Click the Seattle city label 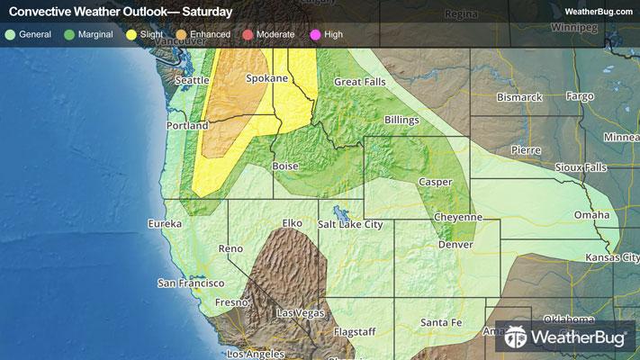(x=191, y=80)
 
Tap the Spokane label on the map (x=266, y=78)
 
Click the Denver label (x=455, y=245)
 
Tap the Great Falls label (x=360, y=82)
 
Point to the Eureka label (x=165, y=222)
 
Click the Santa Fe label (x=442, y=322)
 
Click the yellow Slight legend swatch (x=131, y=35)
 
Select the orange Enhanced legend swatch (x=180, y=35)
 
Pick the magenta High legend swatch (x=315, y=35)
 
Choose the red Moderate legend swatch (x=247, y=35)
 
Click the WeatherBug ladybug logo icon (x=516, y=337)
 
